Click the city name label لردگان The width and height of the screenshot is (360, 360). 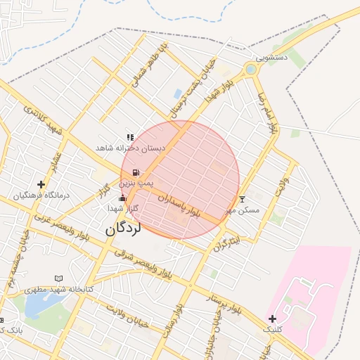(124, 229)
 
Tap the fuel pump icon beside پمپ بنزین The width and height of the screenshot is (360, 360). (135, 172)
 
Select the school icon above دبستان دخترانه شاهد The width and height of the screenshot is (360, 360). (130, 137)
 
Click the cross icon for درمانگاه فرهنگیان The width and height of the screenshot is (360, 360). (41, 185)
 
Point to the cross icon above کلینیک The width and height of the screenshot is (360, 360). (272, 319)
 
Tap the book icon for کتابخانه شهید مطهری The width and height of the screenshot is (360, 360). (58, 279)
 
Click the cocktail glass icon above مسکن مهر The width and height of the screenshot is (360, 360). (243, 200)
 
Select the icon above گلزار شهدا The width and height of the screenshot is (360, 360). (123, 198)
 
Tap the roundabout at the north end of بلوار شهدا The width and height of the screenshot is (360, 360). (251, 69)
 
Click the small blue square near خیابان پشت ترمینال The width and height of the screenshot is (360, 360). (178, 93)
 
